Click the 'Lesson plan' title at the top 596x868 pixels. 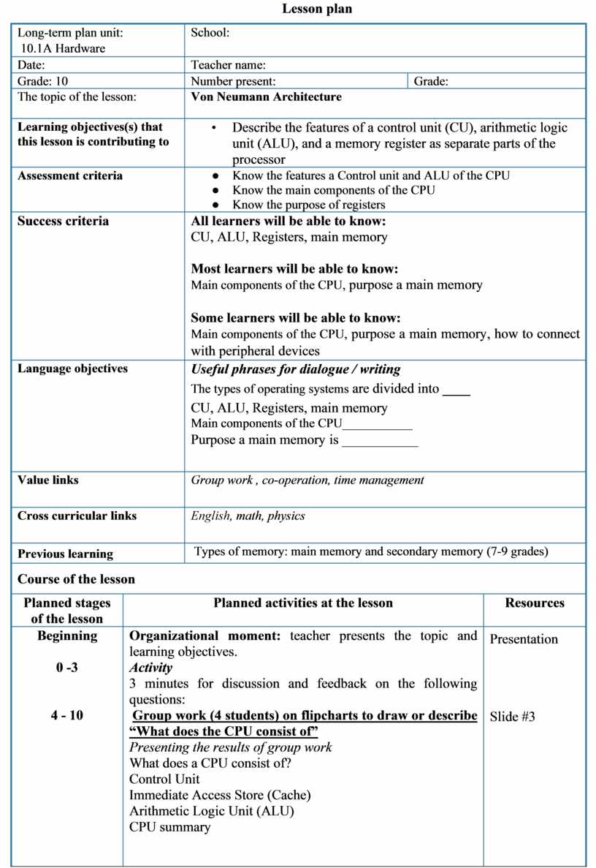pyautogui.click(x=317, y=10)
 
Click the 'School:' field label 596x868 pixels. pyautogui.click(x=210, y=33)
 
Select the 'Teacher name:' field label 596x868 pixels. pyautogui.click(x=228, y=65)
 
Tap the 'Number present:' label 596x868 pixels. pyautogui.click(x=233, y=82)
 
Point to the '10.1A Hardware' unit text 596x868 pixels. pyautogui.click(x=64, y=48)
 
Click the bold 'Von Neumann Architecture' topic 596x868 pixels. pyautogui.click(x=266, y=97)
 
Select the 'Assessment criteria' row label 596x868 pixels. pyautogui.click(x=70, y=176)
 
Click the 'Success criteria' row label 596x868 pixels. pyautogui.click(x=63, y=222)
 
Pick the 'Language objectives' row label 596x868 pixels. pyautogui.click(x=72, y=369)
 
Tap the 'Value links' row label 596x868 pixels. pyautogui.click(x=48, y=480)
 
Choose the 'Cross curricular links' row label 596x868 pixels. pyautogui.click(x=77, y=516)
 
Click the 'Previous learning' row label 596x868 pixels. pyautogui.click(x=65, y=554)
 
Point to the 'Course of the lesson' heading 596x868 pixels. pyautogui.click(x=76, y=579)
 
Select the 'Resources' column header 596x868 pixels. pyautogui.click(x=535, y=603)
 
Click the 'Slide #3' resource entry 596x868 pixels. pyautogui.click(x=512, y=717)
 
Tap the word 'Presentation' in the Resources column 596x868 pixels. pyautogui.click(x=524, y=639)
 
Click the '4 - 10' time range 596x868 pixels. pyautogui.click(x=67, y=715)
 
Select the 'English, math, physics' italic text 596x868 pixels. pyautogui.click(x=248, y=516)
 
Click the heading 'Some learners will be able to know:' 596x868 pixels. pyautogui.click(x=296, y=318)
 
